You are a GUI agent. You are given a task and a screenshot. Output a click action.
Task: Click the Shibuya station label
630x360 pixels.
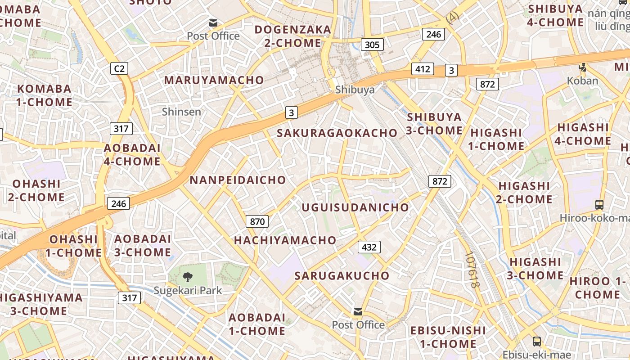click(x=355, y=90)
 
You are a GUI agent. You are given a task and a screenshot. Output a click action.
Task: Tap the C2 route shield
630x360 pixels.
click(x=119, y=69)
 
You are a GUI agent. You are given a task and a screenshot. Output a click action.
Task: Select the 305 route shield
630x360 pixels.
click(x=372, y=45)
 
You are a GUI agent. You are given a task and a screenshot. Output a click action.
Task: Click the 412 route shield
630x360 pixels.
click(x=423, y=69)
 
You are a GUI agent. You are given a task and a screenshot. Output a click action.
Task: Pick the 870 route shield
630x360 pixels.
click(x=257, y=221)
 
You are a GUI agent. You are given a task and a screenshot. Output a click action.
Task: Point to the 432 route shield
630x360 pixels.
click(x=369, y=247)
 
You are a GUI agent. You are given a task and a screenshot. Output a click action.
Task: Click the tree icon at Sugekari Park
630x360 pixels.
click(x=188, y=277)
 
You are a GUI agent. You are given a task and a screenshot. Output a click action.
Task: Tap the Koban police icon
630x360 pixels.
click(x=583, y=68)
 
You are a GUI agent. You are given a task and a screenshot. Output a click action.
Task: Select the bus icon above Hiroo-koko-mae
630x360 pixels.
click(x=599, y=204)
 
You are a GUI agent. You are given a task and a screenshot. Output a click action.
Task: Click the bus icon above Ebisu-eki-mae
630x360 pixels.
click(x=536, y=341)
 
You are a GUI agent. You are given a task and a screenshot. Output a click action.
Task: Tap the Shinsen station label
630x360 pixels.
click(x=181, y=112)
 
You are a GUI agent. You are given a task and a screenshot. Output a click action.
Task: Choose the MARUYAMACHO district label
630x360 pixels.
click(x=214, y=80)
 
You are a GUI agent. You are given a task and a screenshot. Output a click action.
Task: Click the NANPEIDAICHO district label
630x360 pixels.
click(x=238, y=180)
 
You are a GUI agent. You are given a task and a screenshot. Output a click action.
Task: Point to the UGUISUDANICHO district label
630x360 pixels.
click(x=355, y=207)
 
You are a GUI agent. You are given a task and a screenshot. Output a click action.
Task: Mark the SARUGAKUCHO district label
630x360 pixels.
click(x=342, y=276)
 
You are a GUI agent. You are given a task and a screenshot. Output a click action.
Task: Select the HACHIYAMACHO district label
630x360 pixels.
click(x=285, y=240)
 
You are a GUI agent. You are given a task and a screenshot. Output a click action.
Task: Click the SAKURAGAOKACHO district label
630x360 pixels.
click(x=337, y=133)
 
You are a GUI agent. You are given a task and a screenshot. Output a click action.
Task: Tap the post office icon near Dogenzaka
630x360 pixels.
click(x=213, y=23)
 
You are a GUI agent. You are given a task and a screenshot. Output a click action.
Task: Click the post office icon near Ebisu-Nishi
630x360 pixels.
click(x=358, y=312)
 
